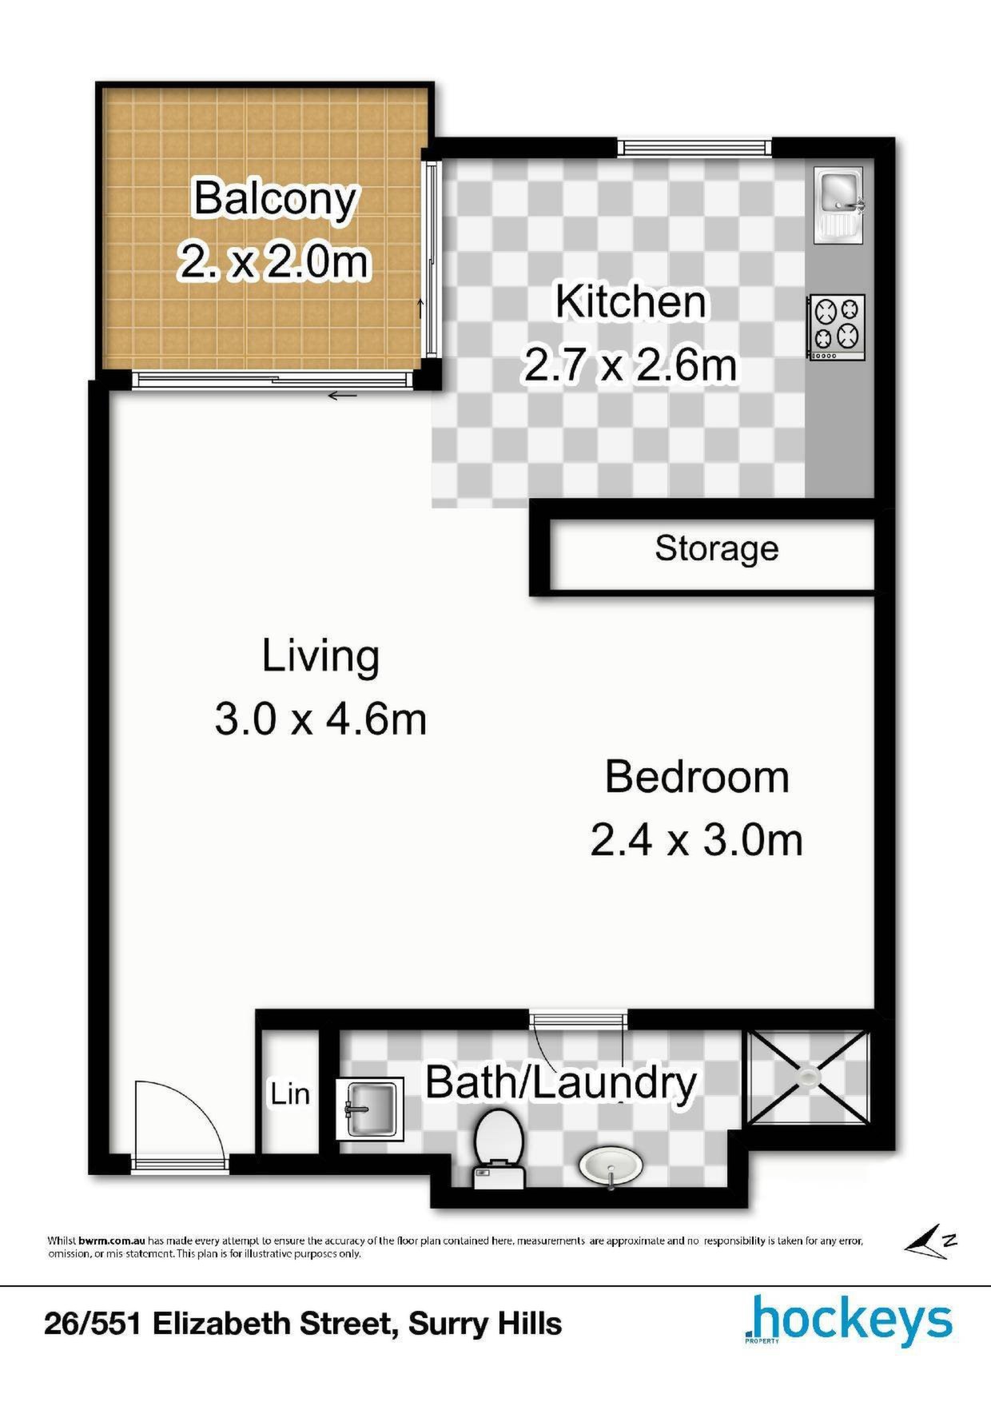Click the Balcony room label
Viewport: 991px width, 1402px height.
point(274,200)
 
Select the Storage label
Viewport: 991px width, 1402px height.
point(717,549)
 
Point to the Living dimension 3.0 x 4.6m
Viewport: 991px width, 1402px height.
point(320,719)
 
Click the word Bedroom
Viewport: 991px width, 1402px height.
point(697,777)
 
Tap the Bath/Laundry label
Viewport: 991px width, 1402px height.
point(561,1083)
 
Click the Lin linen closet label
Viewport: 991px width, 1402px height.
point(290,1093)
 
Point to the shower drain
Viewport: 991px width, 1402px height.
point(810,1077)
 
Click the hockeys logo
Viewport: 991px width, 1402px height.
point(848,1321)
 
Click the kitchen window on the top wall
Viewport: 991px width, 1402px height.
point(694,147)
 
